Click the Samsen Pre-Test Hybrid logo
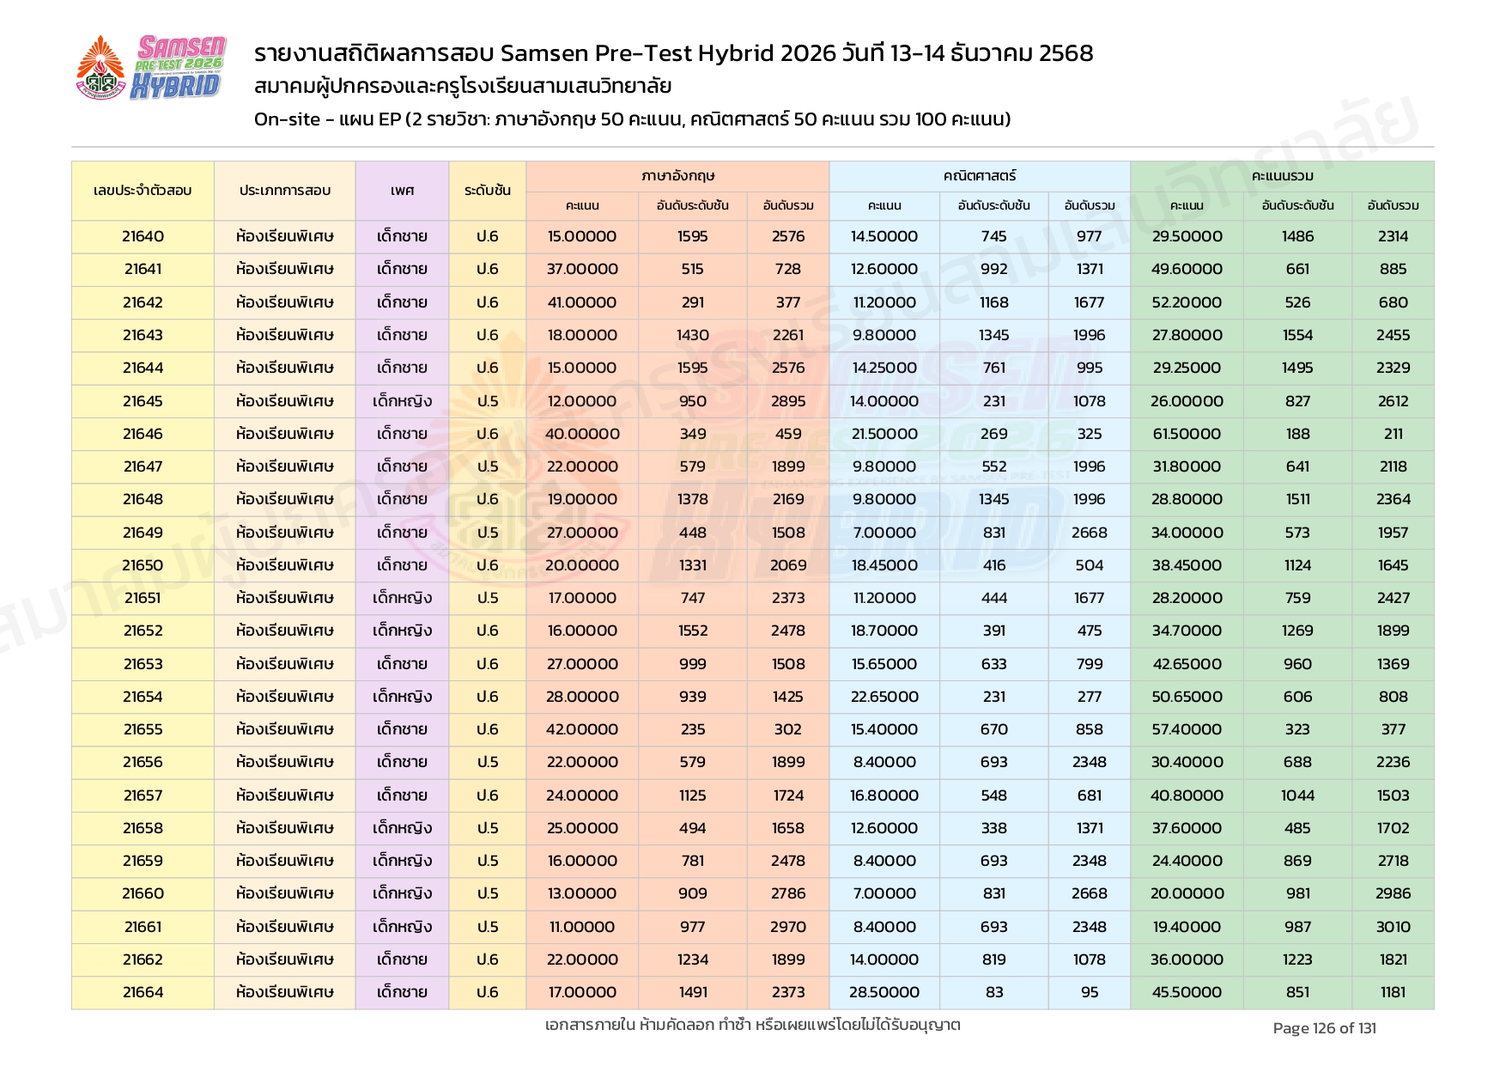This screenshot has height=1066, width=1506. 151,68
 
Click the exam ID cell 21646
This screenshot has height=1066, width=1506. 143,434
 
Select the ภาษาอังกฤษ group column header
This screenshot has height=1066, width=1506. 677,176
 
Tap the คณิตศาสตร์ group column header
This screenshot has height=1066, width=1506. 979,176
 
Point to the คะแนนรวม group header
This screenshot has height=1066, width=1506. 1282,176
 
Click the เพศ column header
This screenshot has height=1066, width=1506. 402,191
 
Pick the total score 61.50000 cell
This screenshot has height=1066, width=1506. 1187,434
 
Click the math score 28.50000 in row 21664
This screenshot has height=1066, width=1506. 884,992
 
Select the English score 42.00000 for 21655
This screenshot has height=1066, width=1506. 582,729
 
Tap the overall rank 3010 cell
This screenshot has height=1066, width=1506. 1393,927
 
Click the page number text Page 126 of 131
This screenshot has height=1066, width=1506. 1324,1028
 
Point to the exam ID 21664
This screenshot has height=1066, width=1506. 143,992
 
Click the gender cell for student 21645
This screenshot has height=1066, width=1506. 402,401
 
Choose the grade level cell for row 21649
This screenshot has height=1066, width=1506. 487,533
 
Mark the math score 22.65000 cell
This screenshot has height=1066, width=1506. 884,697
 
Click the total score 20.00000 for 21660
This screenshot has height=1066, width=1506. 1187,893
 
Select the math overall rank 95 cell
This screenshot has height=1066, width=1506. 1089,992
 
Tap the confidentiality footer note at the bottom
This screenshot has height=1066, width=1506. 752,1025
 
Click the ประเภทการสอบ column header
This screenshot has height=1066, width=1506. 284,191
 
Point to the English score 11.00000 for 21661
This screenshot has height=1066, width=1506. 582,927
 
